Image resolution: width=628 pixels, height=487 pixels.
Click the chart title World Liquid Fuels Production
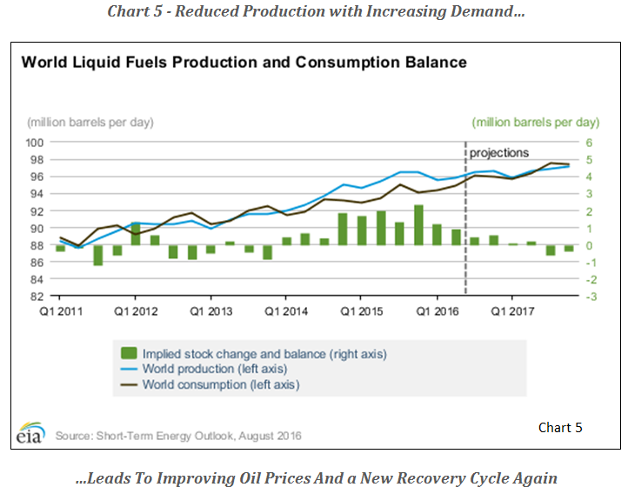tap(244, 63)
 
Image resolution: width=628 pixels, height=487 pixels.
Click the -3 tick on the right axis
tap(590, 297)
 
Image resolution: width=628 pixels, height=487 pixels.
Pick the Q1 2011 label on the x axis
tap(60, 310)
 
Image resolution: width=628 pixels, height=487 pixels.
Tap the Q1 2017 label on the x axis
tap(515, 310)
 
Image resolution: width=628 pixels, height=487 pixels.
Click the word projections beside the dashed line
tap(499, 153)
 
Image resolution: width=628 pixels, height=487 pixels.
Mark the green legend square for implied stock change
tap(129, 354)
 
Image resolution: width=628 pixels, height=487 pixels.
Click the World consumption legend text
tap(222, 384)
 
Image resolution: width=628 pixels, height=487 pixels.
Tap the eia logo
tap(32, 432)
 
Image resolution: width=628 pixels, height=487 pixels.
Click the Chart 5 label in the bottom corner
tap(559, 427)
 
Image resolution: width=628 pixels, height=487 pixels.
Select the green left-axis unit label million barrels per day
tap(535, 122)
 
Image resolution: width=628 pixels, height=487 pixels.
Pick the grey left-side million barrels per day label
tap(90, 122)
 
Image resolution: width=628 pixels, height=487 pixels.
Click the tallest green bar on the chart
tap(418, 225)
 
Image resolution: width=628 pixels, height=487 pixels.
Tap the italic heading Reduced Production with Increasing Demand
tap(315, 12)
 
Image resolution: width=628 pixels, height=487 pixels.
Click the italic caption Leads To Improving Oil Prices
tap(315, 477)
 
